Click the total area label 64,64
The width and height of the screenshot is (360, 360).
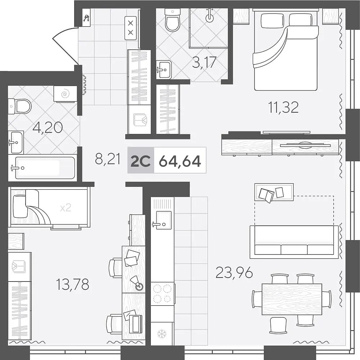click(180, 161)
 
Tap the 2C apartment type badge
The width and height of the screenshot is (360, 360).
click(140, 161)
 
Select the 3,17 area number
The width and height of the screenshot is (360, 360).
click(204, 62)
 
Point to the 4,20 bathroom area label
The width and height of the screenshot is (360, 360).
click(48, 127)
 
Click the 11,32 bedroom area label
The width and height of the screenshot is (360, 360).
click(284, 107)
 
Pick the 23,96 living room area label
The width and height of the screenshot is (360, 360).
click(234, 273)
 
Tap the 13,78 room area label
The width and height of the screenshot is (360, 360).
click(73, 284)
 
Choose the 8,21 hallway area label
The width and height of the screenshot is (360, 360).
click(108, 159)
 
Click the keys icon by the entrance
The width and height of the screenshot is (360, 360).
click(86, 18)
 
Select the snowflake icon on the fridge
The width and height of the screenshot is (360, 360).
click(162, 334)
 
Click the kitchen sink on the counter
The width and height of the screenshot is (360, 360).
click(163, 220)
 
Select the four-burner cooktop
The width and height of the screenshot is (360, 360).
click(163, 294)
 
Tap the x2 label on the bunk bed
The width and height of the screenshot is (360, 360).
click(66, 208)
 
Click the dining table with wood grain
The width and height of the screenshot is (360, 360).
click(292, 299)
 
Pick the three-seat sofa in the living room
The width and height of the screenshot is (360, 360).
click(294, 242)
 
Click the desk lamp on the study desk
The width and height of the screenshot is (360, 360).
click(137, 283)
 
